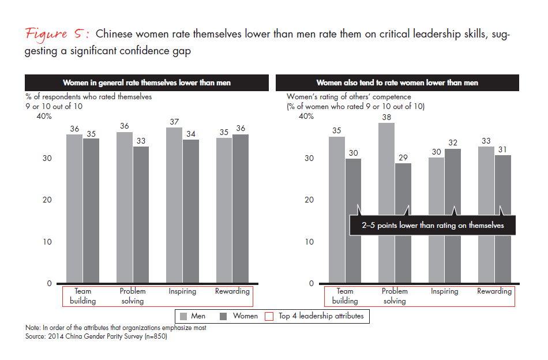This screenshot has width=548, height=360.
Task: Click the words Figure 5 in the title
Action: tap(57, 33)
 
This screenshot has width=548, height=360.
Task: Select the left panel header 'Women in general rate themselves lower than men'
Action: tap(147, 83)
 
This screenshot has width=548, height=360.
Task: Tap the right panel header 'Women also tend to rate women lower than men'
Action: tap(397, 83)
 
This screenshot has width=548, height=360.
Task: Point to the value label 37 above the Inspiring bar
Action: tap(174, 121)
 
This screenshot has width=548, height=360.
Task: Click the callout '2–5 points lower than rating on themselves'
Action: tap(432, 226)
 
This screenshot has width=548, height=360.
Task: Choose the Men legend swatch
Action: tap(184, 316)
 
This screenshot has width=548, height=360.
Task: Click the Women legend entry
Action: tap(239, 316)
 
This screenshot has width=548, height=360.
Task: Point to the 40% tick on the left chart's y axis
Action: tap(44, 117)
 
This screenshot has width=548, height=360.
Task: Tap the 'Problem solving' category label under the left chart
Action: tap(132, 296)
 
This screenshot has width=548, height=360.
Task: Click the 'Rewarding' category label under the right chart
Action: tap(494, 291)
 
